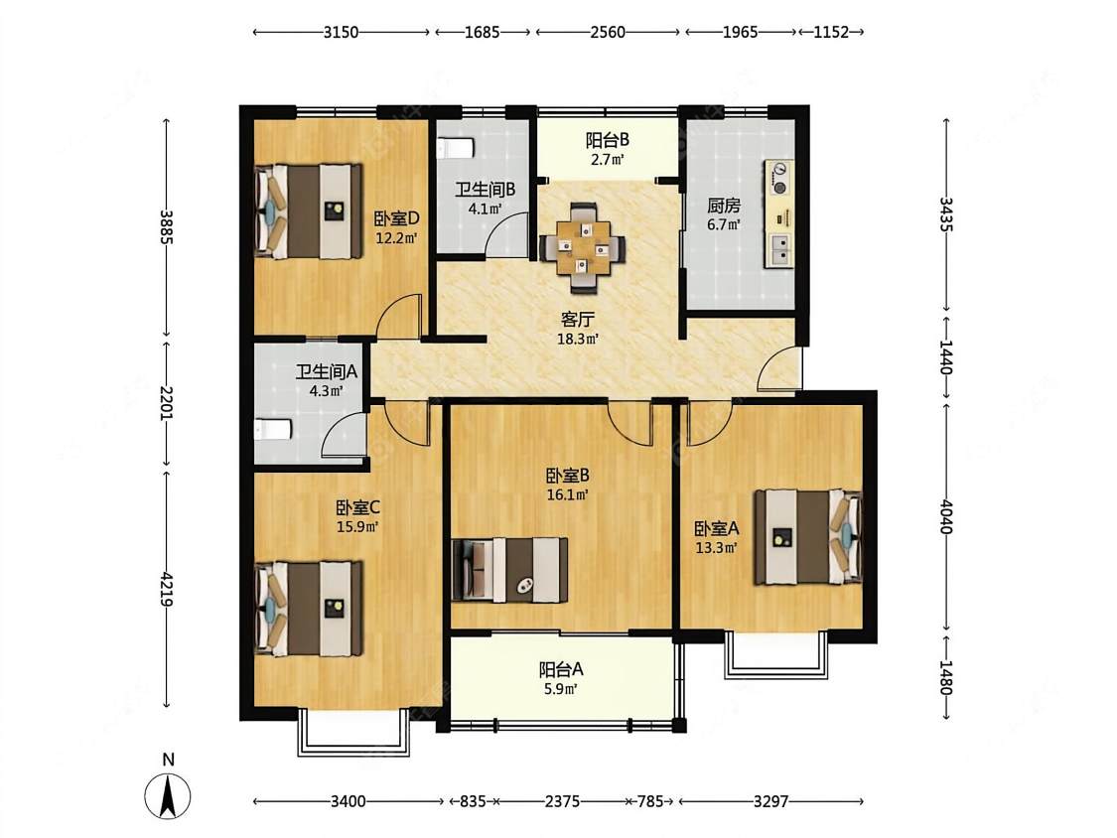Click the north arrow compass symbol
click(168, 796)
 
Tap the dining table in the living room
click(583, 247)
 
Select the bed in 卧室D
click(308, 211)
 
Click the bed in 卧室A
click(808, 536)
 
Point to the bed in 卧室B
click(510, 569)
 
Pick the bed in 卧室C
click(308, 609)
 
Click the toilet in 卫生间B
click(455, 148)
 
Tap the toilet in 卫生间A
click(273, 430)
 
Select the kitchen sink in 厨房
click(779, 249)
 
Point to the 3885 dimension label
click(166, 226)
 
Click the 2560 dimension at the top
click(608, 32)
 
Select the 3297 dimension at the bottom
click(770, 801)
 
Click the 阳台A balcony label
click(561, 670)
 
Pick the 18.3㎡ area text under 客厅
click(577, 340)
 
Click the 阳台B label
click(608, 140)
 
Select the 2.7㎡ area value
click(608, 160)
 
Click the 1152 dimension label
click(831, 32)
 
